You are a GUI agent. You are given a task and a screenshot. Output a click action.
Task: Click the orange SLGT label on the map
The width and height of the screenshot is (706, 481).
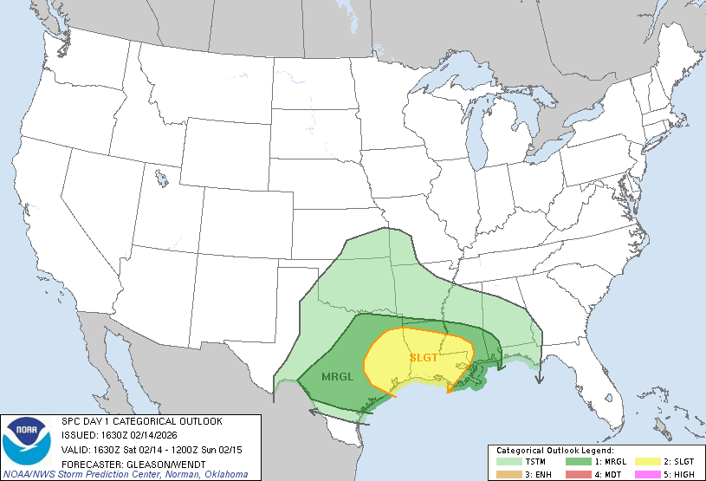click(x=424, y=356)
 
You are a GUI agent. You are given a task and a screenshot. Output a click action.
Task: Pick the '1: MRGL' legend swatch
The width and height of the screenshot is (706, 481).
click(x=575, y=462)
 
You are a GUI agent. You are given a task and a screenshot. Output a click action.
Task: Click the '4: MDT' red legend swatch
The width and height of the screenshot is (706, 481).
click(x=575, y=473)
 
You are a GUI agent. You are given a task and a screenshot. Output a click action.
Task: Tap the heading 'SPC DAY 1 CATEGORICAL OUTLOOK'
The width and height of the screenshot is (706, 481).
click(x=141, y=421)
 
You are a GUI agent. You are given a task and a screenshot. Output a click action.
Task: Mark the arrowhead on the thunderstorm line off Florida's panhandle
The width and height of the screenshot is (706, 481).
click(x=539, y=378)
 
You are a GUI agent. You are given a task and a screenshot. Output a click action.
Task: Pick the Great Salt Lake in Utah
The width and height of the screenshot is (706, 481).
click(x=162, y=179)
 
